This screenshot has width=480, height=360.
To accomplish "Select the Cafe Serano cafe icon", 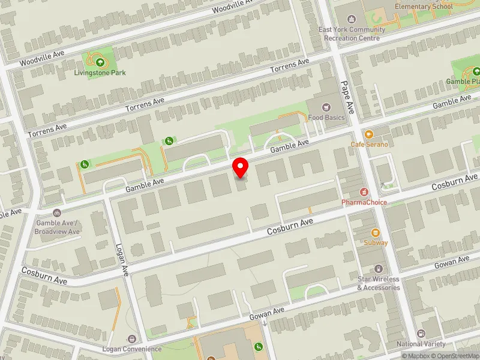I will [368, 134].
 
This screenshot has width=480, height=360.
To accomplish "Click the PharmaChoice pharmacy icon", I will [364, 192].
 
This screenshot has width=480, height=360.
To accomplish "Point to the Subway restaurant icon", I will [376, 232].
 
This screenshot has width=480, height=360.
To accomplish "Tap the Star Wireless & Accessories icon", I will [379, 269].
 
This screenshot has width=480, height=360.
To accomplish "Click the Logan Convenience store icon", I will [131, 339].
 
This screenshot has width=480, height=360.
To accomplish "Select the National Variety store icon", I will [421, 334].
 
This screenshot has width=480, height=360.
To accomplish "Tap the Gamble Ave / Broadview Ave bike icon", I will [57, 212].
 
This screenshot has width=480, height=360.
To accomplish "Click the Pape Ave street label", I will [349, 98].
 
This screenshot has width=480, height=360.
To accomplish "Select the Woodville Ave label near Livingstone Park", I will [41, 58].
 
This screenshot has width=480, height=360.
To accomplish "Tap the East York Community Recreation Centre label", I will [352, 34].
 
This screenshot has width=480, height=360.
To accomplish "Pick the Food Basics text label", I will [326, 118].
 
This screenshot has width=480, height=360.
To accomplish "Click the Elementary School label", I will [424, 7].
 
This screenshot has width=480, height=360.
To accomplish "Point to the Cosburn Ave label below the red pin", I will [290, 226].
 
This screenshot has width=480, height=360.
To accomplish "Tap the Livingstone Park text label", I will [100, 73].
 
